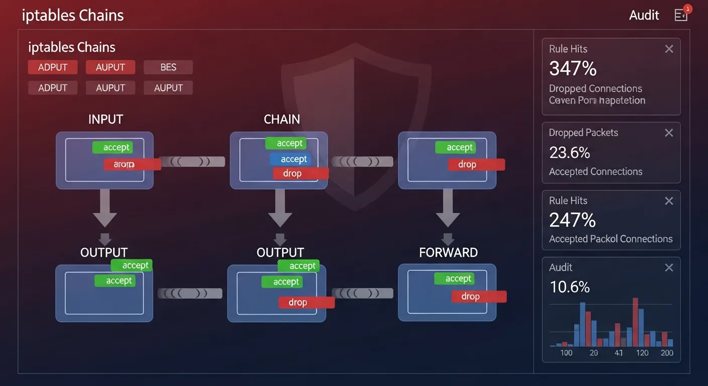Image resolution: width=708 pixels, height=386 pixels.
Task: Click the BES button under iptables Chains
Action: click(x=168, y=67)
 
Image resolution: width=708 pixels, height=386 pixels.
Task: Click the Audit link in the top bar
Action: click(x=644, y=15)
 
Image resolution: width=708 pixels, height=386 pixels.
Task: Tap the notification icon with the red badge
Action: click(x=681, y=15)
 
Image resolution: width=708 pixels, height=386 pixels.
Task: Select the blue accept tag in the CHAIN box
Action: click(x=291, y=159)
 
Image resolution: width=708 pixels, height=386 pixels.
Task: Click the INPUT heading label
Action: click(x=106, y=120)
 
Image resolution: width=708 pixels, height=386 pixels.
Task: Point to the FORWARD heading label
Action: click(x=448, y=252)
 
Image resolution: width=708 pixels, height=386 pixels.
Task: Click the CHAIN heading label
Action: click(x=282, y=120)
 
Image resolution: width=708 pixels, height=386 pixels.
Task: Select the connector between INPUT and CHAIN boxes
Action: click(x=192, y=162)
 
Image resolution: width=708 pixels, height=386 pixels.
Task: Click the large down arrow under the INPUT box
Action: click(x=105, y=209)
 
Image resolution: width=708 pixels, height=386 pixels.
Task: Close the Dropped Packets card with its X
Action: click(x=669, y=133)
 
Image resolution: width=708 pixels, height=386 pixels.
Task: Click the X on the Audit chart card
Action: click(x=669, y=268)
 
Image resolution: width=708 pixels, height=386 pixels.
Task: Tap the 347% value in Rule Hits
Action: click(x=573, y=68)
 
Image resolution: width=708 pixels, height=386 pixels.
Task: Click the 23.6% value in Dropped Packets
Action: click(x=569, y=152)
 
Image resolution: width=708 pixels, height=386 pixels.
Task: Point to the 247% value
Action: click(x=572, y=220)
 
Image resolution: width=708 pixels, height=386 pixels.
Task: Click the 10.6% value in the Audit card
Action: click(x=569, y=287)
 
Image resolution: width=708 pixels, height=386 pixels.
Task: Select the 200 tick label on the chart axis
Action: click(x=667, y=353)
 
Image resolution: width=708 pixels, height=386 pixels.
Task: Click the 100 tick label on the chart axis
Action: click(x=566, y=353)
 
